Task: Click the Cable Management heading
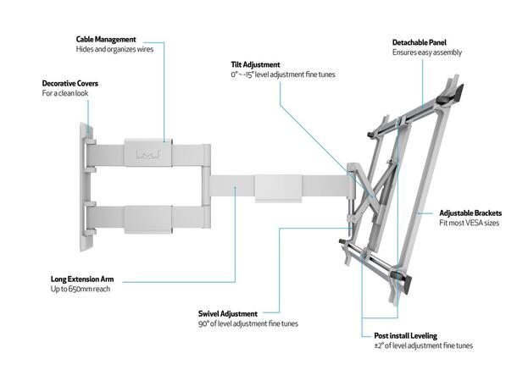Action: [105, 39]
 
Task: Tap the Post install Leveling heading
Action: [408, 334]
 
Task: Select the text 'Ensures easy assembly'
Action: [426, 52]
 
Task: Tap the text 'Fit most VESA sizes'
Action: [469, 223]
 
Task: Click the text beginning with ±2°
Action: [423, 345]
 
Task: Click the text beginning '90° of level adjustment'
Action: [247, 324]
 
